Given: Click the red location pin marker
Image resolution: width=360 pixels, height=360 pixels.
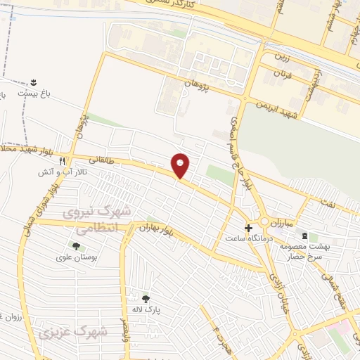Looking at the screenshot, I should pyautogui.click(x=181, y=165).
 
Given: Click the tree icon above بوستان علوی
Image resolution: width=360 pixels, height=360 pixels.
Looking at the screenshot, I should pyautogui.click(x=75, y=245).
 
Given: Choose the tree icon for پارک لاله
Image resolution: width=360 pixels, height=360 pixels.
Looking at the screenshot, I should pyautogui.click(x=146, y=298).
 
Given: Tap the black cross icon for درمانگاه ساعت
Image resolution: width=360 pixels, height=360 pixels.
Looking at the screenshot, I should pyautogui.click(x=247, y=228).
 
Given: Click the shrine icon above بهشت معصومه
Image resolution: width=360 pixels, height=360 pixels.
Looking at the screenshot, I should pyautogui.click(x=304, y=236).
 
